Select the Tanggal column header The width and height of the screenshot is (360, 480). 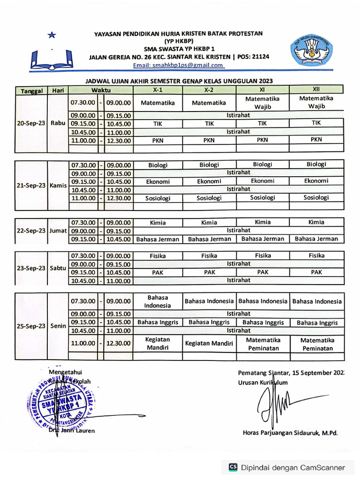click(x=31, y=90)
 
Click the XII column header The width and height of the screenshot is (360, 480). click(x=316, y=89)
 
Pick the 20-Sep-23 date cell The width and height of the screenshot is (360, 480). click(x=31, y=123)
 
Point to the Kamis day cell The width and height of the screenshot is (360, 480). click(x=58, y=185)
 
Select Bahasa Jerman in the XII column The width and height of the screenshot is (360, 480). click(x=316, y=239)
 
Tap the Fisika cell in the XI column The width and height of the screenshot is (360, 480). click(x=262, y=256)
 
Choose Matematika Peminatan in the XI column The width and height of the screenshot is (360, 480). click(x=262, y=344)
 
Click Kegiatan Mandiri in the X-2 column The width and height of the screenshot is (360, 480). click(x=209, y=344)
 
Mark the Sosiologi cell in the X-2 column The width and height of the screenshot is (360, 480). click(x=209, y=198)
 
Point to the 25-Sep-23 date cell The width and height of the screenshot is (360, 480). click(x=31, y=326)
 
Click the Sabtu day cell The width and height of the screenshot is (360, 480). click(x=58, y=268)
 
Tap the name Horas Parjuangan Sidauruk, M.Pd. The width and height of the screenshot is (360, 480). click(x=290, y=433)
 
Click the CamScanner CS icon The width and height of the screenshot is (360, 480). click(x=233, y=467)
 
